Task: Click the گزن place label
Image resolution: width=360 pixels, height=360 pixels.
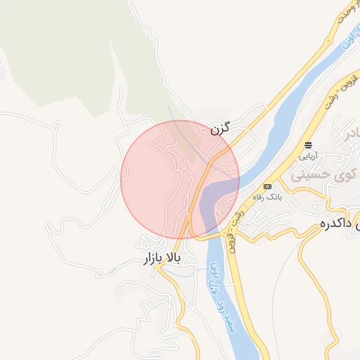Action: click(x=220, y=129)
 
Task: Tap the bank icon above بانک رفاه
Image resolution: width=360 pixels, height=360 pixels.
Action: click(x=267, y=186)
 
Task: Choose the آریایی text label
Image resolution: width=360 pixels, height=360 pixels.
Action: click(x=309, y=155)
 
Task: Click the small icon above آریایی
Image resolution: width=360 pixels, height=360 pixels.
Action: click(x=308, y=145)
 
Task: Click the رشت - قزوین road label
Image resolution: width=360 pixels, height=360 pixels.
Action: click(x=233, y=225)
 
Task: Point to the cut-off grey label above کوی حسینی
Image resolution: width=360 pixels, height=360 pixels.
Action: click(x=349, y=134)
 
